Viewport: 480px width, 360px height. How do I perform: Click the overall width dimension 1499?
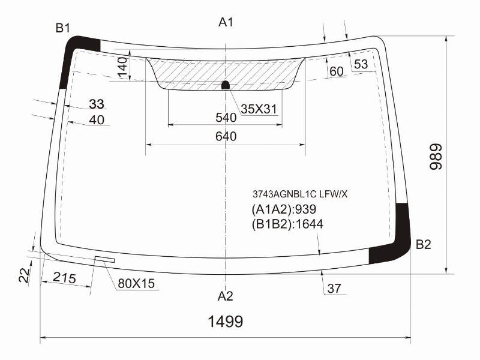pos(226,322)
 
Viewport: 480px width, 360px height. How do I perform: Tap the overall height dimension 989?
pos(436,157)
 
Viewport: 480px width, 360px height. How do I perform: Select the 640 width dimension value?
pos(226,136)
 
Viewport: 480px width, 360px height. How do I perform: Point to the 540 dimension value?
pos(226,118)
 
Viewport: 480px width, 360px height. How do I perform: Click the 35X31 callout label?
pos(259,109)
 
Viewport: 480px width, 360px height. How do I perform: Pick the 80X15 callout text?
pos(136,284)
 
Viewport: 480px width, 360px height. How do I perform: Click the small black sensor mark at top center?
pos(226,85)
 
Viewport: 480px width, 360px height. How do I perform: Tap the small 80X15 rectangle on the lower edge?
pos(105,259)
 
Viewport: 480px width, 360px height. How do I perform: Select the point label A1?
pos(226,22)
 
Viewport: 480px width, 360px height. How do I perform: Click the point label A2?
pos(226,296)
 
